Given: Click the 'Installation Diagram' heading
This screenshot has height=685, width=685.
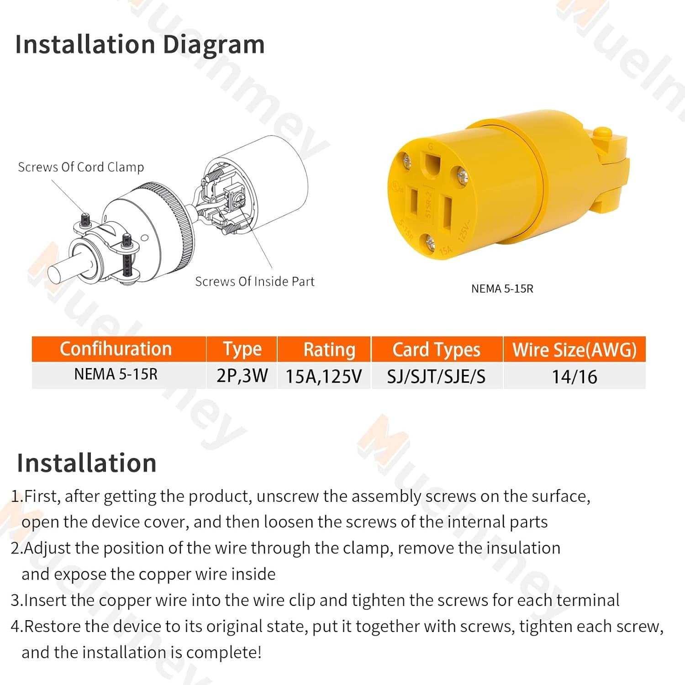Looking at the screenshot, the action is click(x=140, y=45).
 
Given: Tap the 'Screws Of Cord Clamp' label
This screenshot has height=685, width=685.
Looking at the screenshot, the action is click(x=81, y=167).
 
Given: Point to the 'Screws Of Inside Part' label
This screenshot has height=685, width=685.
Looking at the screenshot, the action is click(x=255, y=281).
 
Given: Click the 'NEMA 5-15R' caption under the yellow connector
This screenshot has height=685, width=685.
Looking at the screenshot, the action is click(x=502, y=289).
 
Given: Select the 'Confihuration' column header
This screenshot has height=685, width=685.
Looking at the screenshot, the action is click(x=116, y=349).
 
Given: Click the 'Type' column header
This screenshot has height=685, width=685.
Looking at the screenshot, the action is click(x=242, y=350).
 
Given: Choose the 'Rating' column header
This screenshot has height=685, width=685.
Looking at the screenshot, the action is click(x=329, y=350).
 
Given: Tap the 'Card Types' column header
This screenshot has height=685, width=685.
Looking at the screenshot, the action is click(x=437, y=350).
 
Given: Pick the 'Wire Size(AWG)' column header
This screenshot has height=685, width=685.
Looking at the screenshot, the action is click(x=574, y=350).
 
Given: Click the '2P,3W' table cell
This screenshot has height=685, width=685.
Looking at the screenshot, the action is click(x=242, y=376).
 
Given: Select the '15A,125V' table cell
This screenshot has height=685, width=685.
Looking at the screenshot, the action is click(x=324, y=377).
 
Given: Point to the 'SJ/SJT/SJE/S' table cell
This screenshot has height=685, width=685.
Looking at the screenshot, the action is click(x=436, y=377).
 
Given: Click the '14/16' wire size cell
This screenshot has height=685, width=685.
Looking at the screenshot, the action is click(x=574, y=377).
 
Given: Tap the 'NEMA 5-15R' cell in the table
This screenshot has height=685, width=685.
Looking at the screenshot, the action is click(x=116, y=374).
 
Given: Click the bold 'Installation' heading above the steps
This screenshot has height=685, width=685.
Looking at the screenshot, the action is click(x=87, y=463).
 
